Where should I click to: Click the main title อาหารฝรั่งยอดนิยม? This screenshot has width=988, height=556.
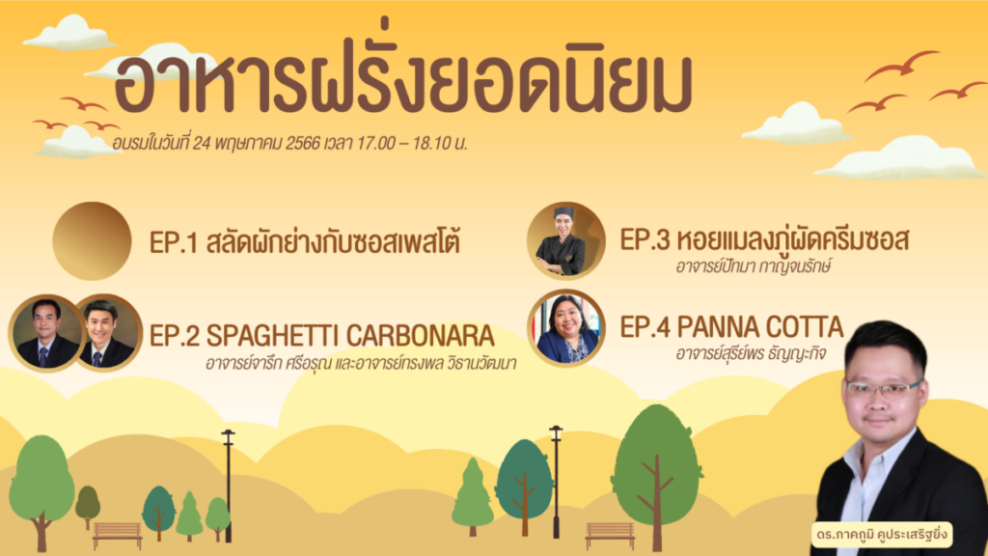tap(403, 82)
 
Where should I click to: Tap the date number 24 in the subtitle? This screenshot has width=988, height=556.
tap(201, 144)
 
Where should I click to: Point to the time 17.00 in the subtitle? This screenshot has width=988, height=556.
tap(376, 143)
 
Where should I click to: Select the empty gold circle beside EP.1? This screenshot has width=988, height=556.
tap(92, 240)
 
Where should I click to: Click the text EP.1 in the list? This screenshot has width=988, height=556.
tap(174, 242)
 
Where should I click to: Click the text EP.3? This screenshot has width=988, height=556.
tap(645, 240)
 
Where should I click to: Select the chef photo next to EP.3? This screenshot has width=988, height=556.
tap(565, 240)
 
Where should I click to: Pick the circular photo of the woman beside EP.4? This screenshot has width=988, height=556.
tap(565, 328)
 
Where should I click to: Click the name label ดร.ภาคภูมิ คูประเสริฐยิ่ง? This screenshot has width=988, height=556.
tap(881, 535)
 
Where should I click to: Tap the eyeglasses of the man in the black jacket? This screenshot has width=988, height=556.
tap(883, 386)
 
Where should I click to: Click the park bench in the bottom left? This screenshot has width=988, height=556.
tap(117, 535)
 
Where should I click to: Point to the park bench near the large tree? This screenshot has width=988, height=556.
tap(610, 536)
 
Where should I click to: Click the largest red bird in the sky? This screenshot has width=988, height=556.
tap(901, 65)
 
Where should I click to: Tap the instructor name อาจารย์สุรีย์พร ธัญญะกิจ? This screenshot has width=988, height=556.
tap(751, 353)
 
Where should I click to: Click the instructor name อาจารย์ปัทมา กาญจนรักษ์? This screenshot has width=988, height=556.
tap(753, 266)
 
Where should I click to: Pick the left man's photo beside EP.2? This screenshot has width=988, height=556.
tap(45, 333)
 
